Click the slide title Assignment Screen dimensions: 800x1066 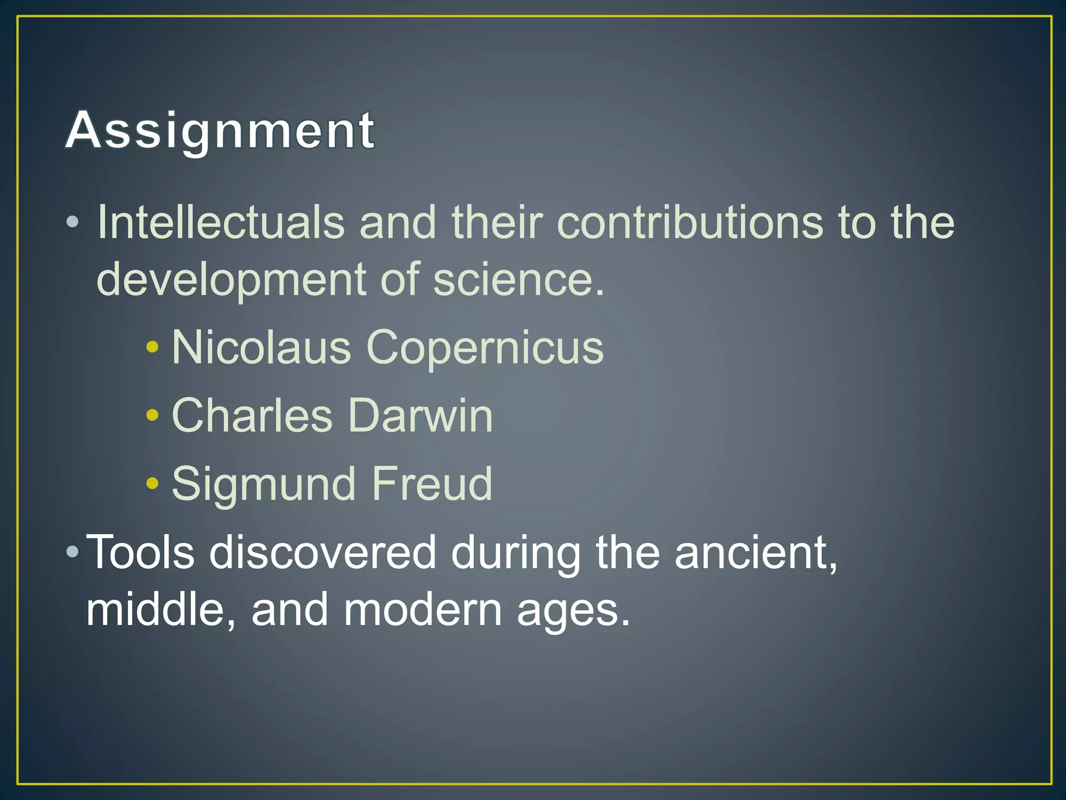coord(220,130)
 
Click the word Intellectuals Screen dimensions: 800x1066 coord(221,222)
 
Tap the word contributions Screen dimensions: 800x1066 coord(690,222)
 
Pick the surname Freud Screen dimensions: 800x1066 coord(432,484)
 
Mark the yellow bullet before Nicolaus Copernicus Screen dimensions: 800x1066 coord(152,347)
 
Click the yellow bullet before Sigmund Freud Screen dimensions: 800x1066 coord(152,483)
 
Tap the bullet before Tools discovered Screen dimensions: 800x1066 coord(73,551)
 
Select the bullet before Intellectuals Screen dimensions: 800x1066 coord(73,222)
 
